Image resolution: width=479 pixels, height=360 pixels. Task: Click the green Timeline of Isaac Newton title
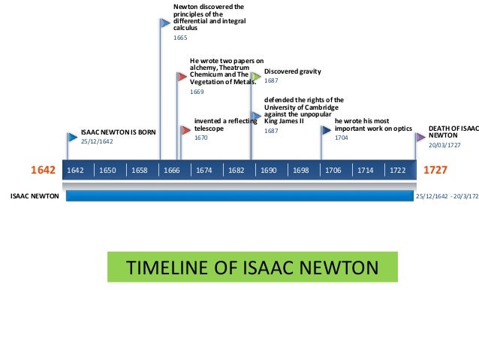tap(252, 268)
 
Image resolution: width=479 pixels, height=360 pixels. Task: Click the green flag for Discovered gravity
tap(257, 76)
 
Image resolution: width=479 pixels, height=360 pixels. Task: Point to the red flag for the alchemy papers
tap(182, 77)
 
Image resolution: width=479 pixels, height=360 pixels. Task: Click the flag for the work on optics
tap(327, 129)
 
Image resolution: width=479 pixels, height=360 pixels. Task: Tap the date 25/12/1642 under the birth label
tap(97, 141)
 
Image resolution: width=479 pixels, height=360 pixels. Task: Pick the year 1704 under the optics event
tap(342, 138)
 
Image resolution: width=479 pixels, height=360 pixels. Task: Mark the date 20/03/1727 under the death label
tap(444, 145)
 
